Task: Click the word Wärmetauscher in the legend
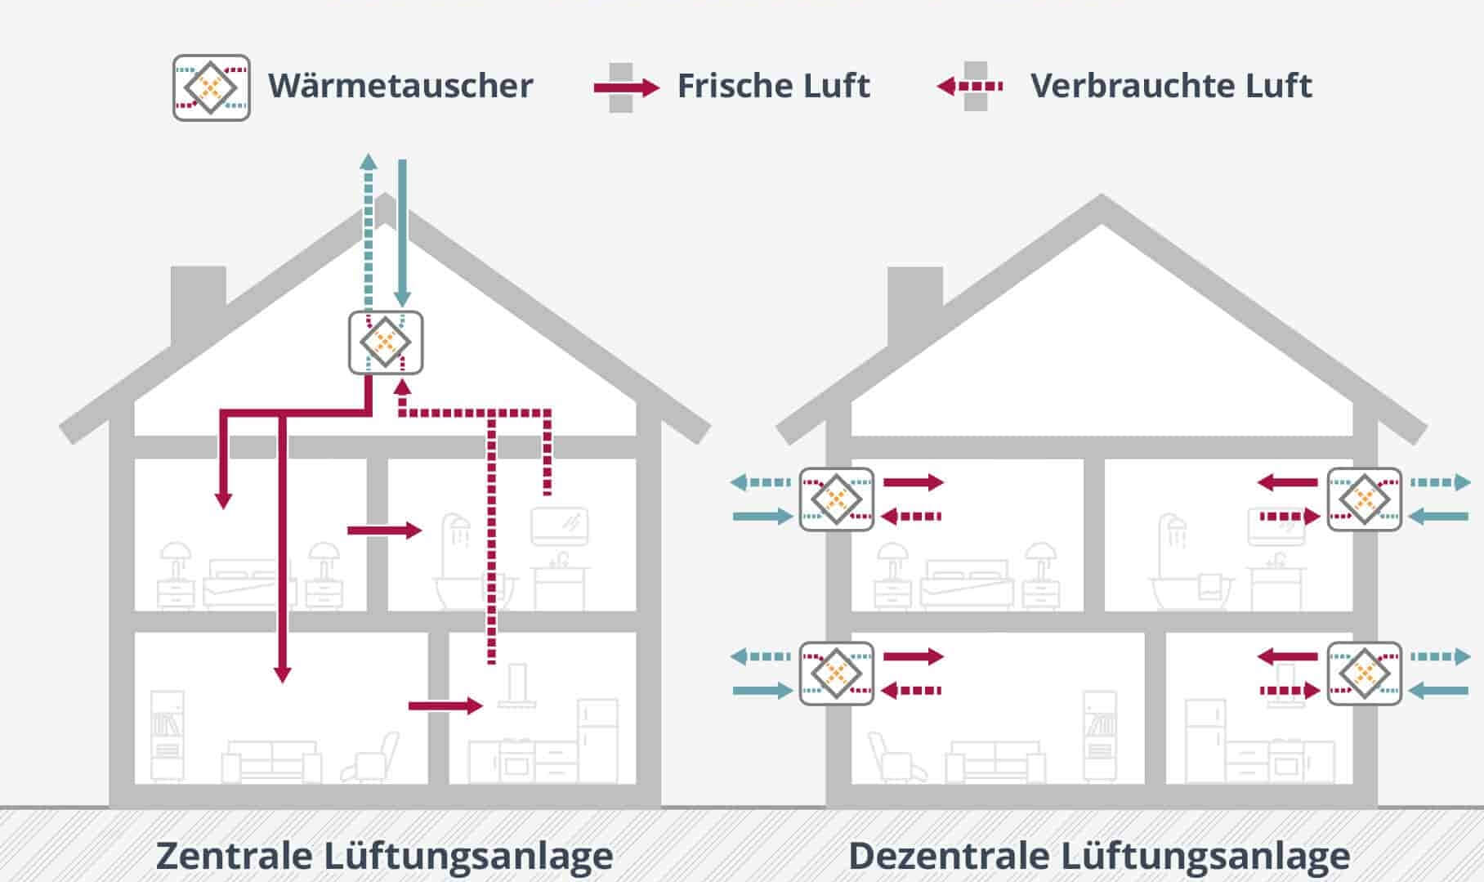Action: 400,86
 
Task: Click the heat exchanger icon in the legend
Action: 211,87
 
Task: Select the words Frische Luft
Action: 773,86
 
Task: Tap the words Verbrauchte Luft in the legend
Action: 1171,86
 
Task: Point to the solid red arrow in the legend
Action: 627,87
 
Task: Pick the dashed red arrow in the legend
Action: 970,86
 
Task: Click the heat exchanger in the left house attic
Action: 386,343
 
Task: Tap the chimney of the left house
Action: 198,302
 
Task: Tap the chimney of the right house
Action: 914,302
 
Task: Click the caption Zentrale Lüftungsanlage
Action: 384,856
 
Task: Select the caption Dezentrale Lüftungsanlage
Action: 1099,856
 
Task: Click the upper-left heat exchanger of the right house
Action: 836,499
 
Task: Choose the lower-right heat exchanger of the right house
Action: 1364,673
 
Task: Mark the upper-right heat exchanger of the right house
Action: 1364,499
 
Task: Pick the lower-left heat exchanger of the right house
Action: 836,673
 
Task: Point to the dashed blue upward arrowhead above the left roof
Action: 369,161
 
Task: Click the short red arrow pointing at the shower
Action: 384,531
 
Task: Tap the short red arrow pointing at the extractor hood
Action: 446,705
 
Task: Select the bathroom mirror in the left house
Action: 560,526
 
